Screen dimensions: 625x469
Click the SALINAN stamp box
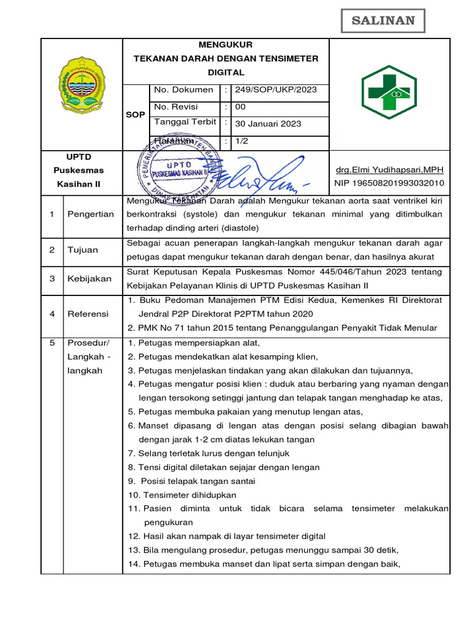point(382,20)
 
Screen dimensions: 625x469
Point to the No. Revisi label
point(176,106)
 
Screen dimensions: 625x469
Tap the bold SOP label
point(136,115)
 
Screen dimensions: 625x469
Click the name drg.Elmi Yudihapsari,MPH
point(390,170)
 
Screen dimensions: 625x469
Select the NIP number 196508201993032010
point(390,183)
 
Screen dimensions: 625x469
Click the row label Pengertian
point(90,214)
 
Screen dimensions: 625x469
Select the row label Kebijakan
point(89,278)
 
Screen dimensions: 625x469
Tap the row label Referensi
point(88,314)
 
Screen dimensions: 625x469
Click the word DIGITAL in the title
point(226,72)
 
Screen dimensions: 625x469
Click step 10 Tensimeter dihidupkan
point(182,495)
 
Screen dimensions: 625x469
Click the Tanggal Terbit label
point(185,122)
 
